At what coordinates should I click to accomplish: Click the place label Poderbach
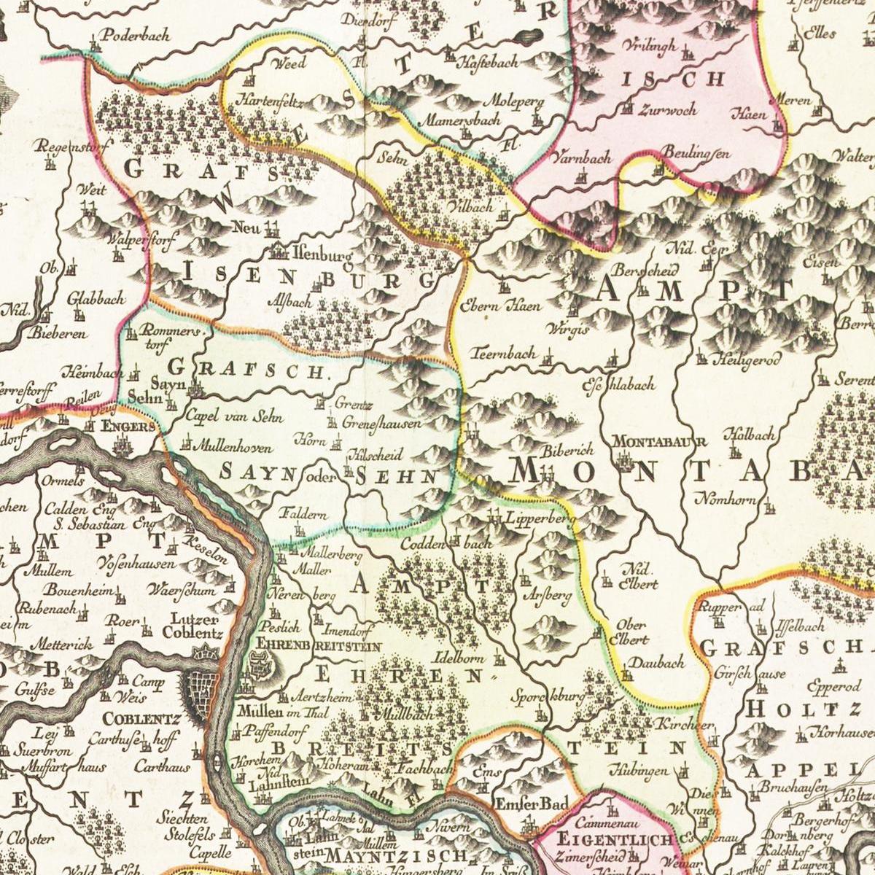(x=135, y=34)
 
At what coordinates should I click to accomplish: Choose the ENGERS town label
(x=129, y=427)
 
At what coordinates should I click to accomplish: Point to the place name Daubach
(x=657, y=663)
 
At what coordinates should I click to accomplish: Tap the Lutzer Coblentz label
(x=192, y=625)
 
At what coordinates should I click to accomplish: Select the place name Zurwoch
(x=667, y=110)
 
